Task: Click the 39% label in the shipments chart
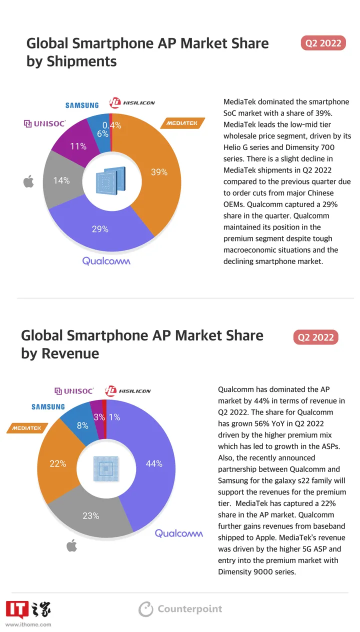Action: (x=159, y=172)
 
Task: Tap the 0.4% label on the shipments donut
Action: (x=112, y=125)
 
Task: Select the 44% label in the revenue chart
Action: (x=154, y=463)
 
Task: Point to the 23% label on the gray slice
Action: (x=91, y=516)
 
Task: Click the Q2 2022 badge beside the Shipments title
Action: (x=323, y=43)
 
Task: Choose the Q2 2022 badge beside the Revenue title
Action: (x=315, y=337)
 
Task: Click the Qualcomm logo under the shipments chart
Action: (x=106, y=261)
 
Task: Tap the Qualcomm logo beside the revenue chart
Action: (x=179, y=533)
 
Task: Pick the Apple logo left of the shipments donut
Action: (x=28, y=181)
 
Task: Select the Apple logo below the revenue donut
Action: (x=71, y=545)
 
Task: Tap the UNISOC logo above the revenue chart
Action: (x=73, y=390)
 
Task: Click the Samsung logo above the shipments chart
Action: (x=82, y=105)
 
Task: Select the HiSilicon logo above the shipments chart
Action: (x=132, y=102)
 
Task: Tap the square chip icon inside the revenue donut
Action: (x=105, y=468)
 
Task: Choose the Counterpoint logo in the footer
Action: (x=180, y=609)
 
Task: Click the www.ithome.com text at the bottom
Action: (x=28, y=624)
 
